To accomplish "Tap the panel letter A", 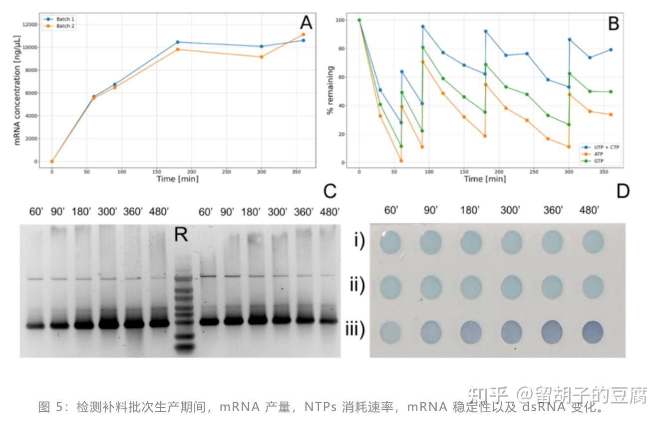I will [x=306, y=22].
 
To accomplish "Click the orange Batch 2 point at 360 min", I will [x=303, y=34].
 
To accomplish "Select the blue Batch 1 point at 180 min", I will [x=177, y=42].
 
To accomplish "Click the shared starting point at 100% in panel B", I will [x=359, y=20].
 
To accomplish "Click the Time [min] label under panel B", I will [x=485, y=179].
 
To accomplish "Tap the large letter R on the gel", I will [x=181, y=234].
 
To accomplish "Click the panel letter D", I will [x=622, y=191].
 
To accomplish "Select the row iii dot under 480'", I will [x=593, y=332].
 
